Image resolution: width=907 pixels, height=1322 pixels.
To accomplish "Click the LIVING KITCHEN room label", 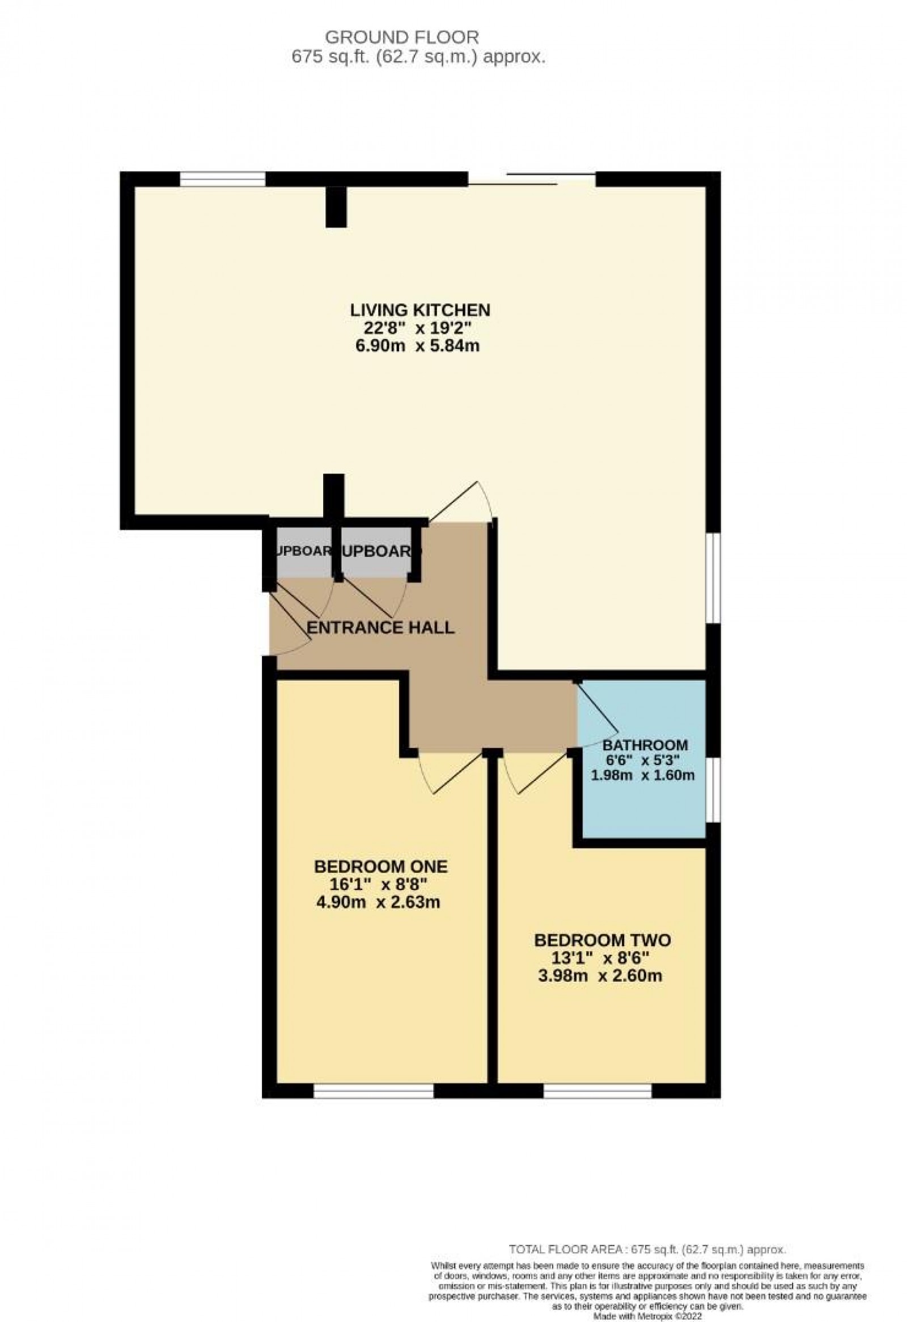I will [420, 310].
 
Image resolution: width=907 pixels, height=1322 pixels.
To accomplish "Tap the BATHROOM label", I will [645, 745].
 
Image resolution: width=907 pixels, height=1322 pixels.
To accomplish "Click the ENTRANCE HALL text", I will [380, 628].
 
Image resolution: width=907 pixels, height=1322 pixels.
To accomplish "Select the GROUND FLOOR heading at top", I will [402, 37].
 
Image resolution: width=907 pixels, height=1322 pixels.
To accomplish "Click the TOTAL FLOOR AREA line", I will [647, 1234].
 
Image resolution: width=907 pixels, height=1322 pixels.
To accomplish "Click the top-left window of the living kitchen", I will [222, 179].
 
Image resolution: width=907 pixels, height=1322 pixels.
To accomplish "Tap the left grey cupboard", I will [302, 551].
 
